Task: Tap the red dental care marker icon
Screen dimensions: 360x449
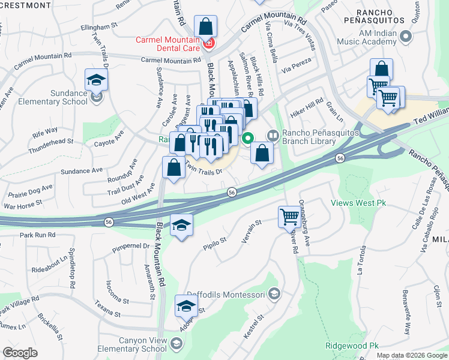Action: (x=209, y=43)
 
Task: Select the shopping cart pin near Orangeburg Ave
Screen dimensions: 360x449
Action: (x=290, y=216)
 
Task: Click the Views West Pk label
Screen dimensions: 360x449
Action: (x=358, y=203)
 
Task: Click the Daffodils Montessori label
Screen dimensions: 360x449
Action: (x=226, y=294)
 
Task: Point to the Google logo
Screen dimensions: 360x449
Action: (x=20, y=353)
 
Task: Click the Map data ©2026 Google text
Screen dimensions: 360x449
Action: (x=411, y=355)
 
